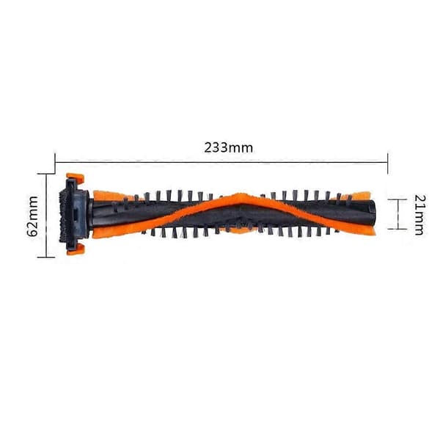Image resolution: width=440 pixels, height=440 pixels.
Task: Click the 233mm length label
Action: (x=228, y=148)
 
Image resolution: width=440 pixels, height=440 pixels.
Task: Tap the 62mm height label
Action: (x=34, y=216)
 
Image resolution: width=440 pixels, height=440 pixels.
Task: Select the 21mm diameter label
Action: (x=420, y=215)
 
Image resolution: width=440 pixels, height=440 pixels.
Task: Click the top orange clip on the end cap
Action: (x=76, y=177)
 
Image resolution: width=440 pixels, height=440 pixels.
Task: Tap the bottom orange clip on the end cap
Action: (x=76, y=249)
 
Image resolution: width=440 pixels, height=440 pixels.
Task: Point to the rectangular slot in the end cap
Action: (x=76, y=215)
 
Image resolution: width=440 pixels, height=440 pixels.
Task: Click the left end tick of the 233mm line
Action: (x=55, y=163)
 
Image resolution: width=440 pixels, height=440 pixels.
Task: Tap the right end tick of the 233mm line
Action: (x=388, y=163)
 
